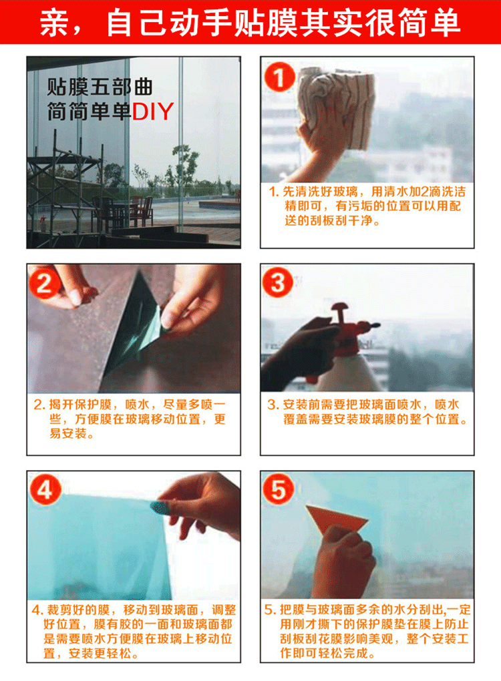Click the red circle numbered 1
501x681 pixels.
(x=279, y=76)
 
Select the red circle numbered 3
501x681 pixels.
(x=278, y=282)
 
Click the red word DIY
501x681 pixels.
(x=153, y=111)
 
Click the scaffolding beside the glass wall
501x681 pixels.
(x=64, y=191)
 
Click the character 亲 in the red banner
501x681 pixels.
(x=54, y=23)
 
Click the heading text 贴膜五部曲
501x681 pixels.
(x=100, y=87)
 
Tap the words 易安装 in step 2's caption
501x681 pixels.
(x=67, y=433)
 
